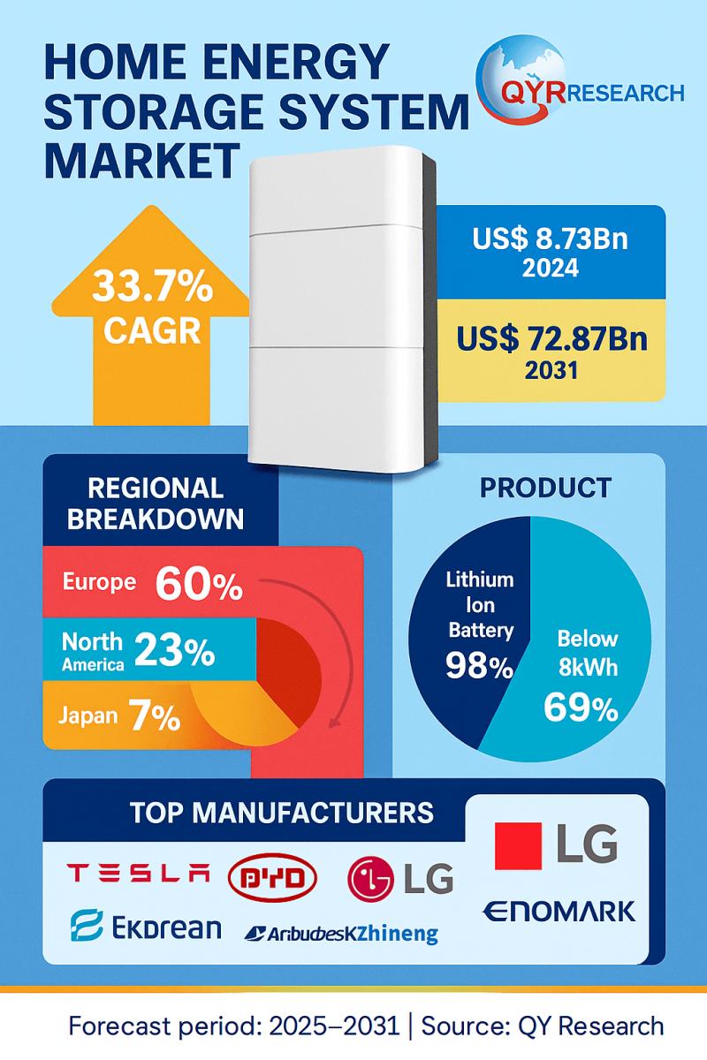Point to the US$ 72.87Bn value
point(551,338)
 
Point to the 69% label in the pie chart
point(581,708)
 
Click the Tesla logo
point(140,874)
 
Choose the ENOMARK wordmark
point(559,910)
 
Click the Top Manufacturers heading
point(282,812)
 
